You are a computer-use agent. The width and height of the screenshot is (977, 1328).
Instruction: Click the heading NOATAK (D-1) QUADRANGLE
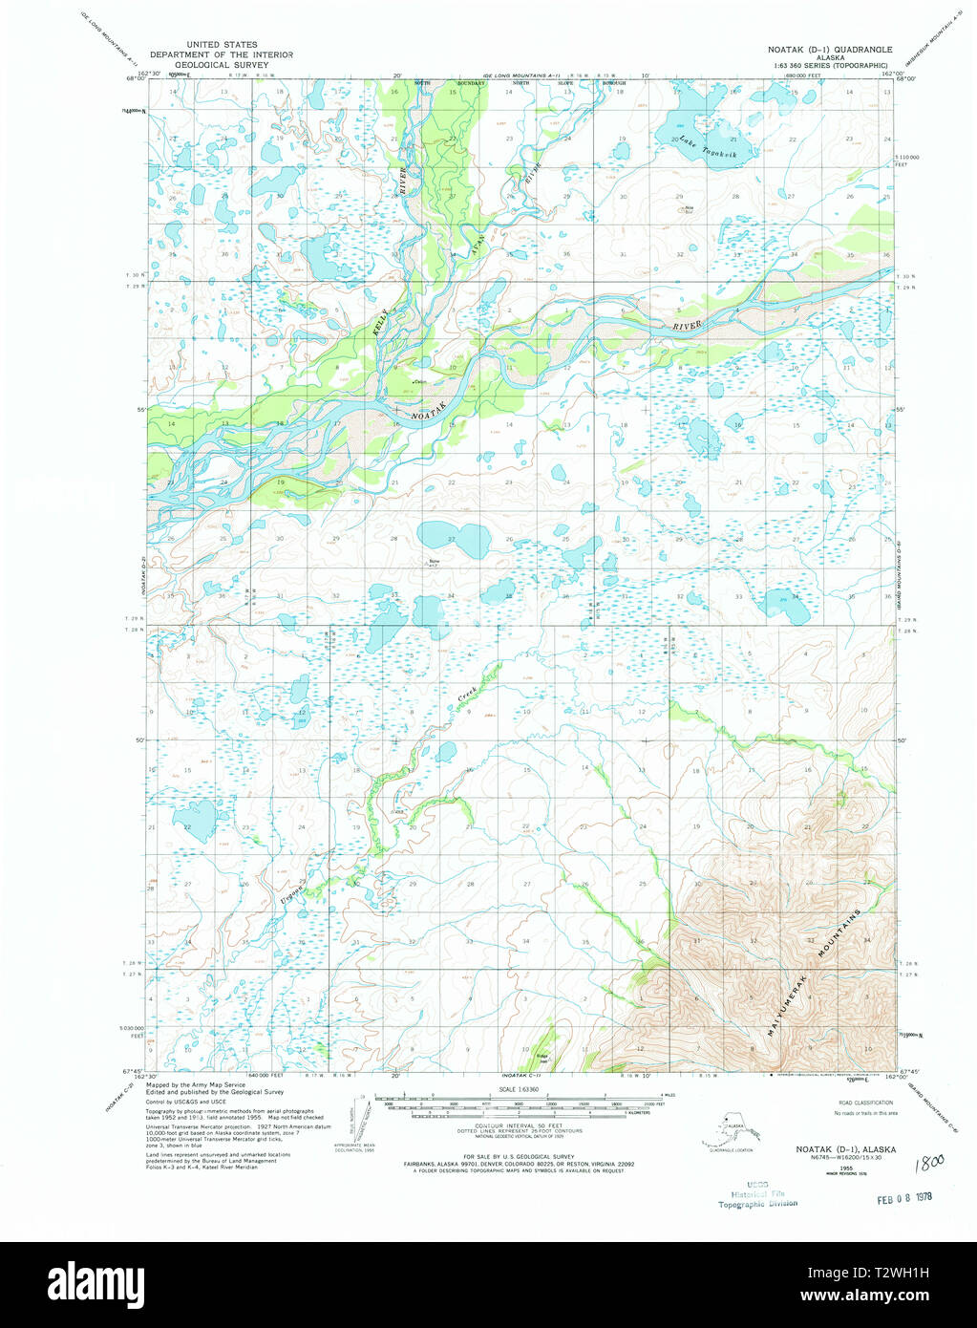(830, 49)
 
